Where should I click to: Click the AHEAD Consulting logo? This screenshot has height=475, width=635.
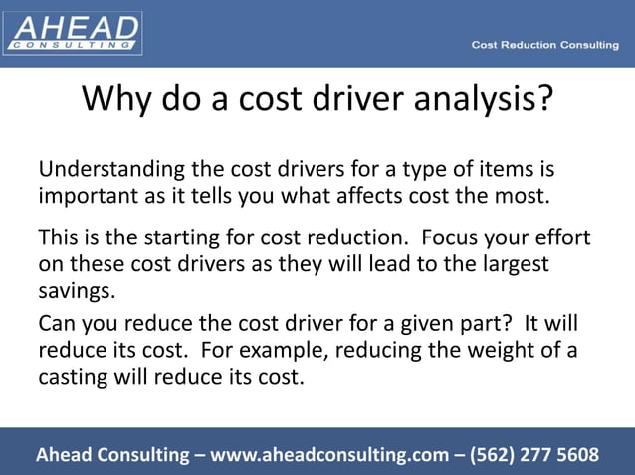[x=73, y=32]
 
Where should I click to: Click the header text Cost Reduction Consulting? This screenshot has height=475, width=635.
[x=544, y=45]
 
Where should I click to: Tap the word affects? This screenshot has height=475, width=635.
[x=364, y=195]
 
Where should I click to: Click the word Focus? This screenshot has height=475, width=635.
[x=451, y=239]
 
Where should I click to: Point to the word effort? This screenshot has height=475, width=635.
[x=560, y=239]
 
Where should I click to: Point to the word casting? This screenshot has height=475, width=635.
[x=74, y=377]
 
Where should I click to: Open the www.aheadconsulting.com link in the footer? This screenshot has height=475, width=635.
[x=328, y=455]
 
